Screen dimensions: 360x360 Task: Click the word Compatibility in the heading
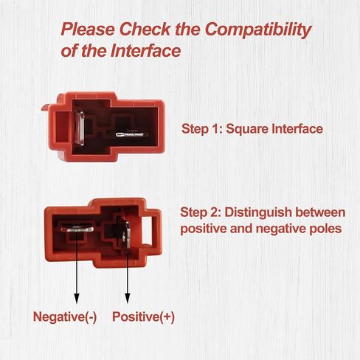coord(258,30)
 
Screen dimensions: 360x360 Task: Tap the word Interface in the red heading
coord(145,51)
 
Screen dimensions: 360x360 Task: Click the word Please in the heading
coord(88,30)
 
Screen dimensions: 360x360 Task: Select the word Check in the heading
coord(145,29)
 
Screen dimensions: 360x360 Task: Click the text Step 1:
coord(201,128)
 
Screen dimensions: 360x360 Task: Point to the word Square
coord(246,129)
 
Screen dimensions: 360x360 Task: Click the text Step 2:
coord(201,212)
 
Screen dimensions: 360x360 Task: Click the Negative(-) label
coord(65,316)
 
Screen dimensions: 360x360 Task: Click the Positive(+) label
coord(143,316)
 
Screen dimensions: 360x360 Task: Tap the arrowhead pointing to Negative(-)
coord(77,298)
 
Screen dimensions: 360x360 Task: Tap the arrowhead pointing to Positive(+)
coord(128,298)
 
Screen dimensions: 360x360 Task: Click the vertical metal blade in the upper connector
coord(80,128)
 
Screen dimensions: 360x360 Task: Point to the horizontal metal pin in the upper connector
coord(132,135)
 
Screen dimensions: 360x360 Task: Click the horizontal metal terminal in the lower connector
coord(77,229)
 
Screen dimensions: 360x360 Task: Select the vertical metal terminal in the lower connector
coord(127,236)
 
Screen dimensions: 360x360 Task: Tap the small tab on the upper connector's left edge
coord(46,107)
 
